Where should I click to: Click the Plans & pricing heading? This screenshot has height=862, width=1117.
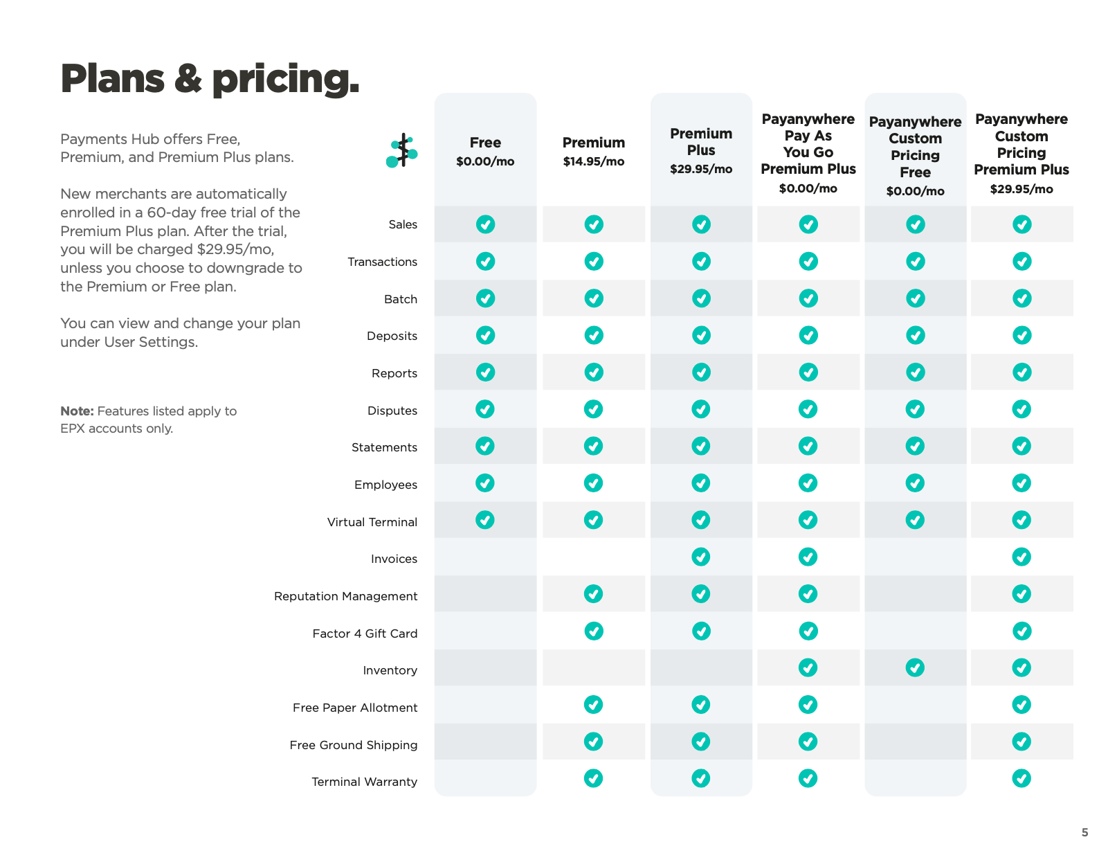pos(210,79)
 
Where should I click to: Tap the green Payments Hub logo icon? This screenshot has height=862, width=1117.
pos(402,151)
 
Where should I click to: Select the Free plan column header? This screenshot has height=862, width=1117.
pos(485,143)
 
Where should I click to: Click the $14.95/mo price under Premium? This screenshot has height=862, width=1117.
pos(593,162)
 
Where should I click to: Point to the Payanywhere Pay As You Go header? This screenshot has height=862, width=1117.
pos(808,144)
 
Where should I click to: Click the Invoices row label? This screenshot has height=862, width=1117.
pos(394,559)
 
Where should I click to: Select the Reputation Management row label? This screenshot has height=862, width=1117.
pos(345,596)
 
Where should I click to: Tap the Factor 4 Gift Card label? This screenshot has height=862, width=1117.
pos(365,634)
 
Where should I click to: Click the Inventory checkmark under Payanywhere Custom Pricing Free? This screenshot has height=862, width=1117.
pos(915,668)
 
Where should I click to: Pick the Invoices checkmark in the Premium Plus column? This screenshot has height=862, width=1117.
pos(701,557)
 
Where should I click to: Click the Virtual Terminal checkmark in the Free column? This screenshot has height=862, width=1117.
pos(485,520)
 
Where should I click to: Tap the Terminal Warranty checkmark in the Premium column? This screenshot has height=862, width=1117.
pos(593,779)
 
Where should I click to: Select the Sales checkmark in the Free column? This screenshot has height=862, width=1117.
pos(485,224)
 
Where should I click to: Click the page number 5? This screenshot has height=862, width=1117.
pos(1084,832)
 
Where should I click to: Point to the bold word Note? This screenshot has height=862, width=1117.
pos(77,411)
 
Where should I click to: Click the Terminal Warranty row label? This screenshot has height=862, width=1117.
pos(364,782)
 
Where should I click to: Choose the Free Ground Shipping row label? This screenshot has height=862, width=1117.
pos(353,745)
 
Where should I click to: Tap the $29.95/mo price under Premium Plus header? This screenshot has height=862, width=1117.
pos(701,169)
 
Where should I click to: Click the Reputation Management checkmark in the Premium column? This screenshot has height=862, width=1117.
pos(593,594)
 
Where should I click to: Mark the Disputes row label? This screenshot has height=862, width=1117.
pos(392,411)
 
